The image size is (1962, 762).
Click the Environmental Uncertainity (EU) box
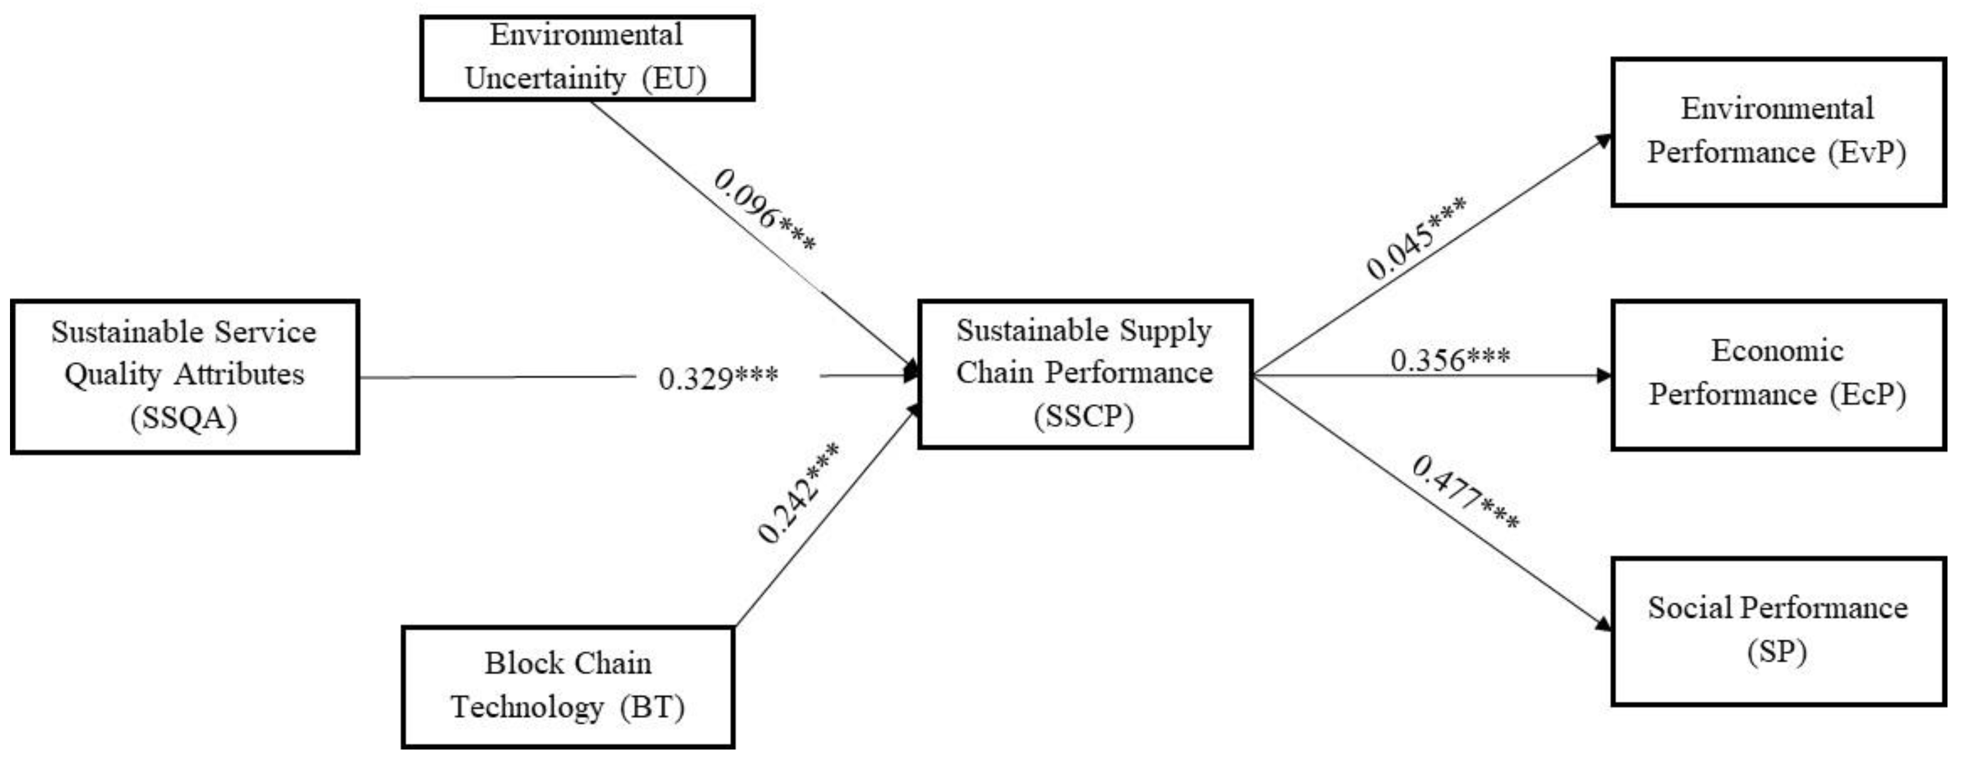pos(587,58)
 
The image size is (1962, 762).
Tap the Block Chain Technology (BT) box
pos(567,686)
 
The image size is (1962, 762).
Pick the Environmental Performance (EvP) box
pos(1778,131)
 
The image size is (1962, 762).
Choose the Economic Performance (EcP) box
pos(1778,374)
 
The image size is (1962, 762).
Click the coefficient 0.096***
pos(764,209)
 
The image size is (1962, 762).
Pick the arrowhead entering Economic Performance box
pos(1604,376)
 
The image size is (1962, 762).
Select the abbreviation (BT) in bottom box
pos(652,707)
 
